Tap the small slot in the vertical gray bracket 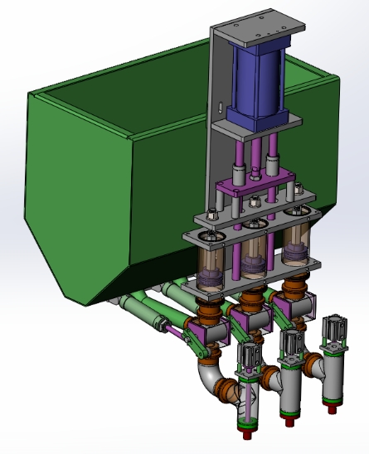pos(221,107)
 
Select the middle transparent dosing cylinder pos(255,257)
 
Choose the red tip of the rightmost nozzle pos(333,405)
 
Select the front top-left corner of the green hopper pos(32,94)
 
